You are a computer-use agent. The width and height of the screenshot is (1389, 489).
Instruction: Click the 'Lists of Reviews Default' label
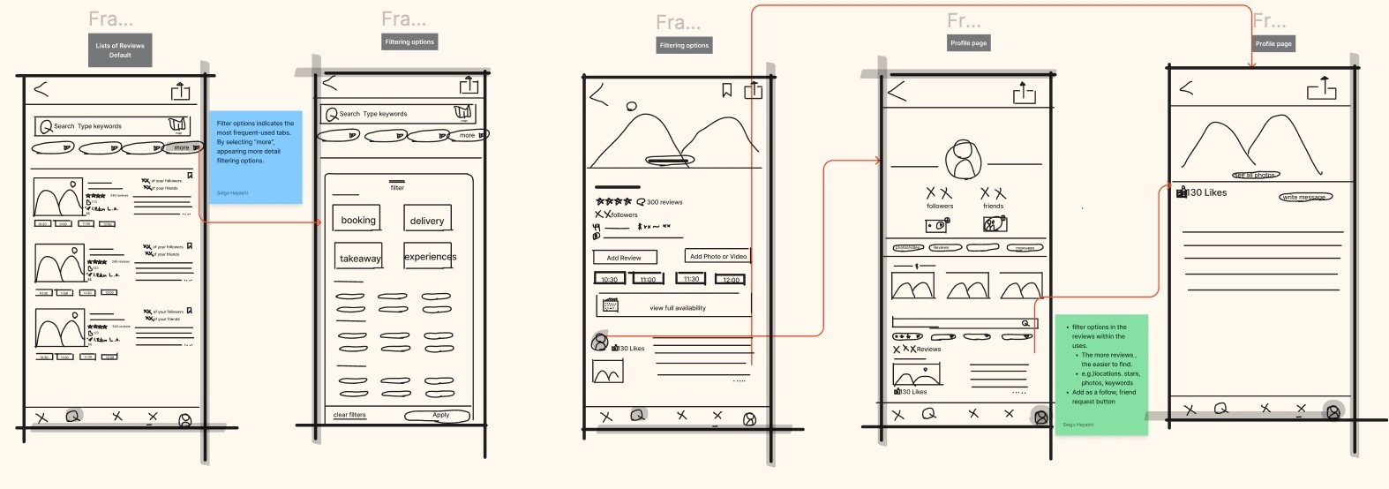pyautogui.click(x=120, y=50)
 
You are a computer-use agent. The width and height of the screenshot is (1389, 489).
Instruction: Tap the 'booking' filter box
pyautogui.click(x=358, y=220)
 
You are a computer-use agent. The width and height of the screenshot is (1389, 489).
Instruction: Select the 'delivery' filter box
pyautogui.click(x=427, y=220)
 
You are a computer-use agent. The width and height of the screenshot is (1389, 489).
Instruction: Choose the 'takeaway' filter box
pyautogui.click(x=360, y=258)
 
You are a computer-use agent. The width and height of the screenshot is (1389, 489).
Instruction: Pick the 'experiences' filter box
pyautogui.click(x=430, y=256)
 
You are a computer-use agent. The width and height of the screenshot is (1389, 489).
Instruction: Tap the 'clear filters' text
pyautogui.click(x=349, y=415)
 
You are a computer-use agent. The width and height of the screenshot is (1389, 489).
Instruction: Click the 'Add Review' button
pyautogui.click(x=624, y=258)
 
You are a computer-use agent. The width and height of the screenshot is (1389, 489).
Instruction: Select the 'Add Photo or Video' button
pyautogui.click(x=717, y=256)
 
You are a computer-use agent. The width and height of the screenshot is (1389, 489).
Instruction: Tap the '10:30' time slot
pyautogui.click(x=610, y=279)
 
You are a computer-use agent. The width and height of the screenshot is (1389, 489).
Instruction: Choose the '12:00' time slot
pyautogui.click(x=732, y=279)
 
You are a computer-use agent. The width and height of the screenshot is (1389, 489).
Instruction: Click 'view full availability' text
pyautogui.click(x=678, y=308)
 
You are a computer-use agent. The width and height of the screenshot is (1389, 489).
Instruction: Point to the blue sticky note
pyautogui.click(x=255, y=156)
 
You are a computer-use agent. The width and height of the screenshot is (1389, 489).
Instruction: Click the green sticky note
pyautogui.click(x=1101, y=374)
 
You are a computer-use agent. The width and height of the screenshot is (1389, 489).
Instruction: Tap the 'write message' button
pyautogui.click(x=1305, y=197)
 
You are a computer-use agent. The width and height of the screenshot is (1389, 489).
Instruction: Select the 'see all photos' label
pyautogui.click(x=1255, y=176)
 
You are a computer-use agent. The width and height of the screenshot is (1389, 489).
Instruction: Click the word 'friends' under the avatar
pyautogui.click(x=994, y=206)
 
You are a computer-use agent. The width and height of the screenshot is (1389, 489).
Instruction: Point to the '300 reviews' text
pyautogui.click(x=664, y=202)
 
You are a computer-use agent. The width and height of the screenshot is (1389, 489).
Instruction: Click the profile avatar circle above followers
pyautogui.click(x=962, y=161)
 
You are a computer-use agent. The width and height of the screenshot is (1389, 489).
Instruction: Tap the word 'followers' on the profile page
pyautogui.click(x=940, y=206)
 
